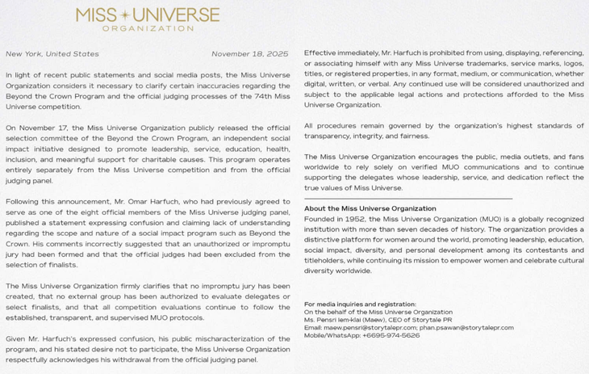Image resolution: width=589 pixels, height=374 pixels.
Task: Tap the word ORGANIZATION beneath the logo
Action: (147, 28)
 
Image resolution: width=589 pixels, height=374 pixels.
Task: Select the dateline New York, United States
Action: (52, 54)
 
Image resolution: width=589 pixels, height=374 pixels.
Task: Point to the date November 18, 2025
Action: (249, 54)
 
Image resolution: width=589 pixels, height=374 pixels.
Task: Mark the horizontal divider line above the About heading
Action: (407, 199)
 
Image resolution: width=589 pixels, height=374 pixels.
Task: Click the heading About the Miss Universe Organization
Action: (370, 208)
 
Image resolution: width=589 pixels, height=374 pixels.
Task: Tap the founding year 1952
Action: (353, 219)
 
